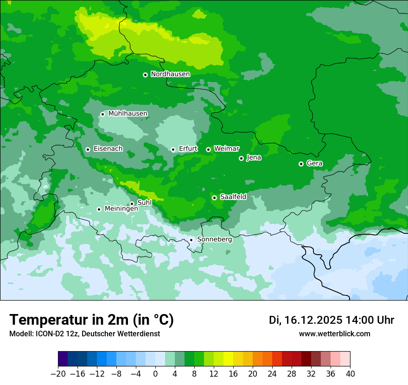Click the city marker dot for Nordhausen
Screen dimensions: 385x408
click(x=145, y=75)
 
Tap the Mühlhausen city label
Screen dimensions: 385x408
click(x=128, y=114)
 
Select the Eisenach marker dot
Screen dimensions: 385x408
click(x=88, y=149)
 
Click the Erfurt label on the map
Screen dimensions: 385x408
click(x=188, y=149)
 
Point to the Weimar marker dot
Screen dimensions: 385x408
click(x=208, y=149)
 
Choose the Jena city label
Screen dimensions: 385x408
click(x=254, y=158)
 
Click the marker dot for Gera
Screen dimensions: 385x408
click(x=301, y=164)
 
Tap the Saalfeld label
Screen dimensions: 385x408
click(x=233, y=197)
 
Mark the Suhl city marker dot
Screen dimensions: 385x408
click(x=132, y=204)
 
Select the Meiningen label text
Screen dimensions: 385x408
click(x=121, y=209)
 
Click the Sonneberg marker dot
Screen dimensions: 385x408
click(x=191, y=240)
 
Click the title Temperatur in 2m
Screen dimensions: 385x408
click(x=91, y=320)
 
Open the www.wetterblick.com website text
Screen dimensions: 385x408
click(x=334, y=334)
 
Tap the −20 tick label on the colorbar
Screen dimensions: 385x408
click(x=58, y=374)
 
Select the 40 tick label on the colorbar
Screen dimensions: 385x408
click(x=350, y=374)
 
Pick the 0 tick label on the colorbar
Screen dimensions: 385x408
click(x=155, y=374)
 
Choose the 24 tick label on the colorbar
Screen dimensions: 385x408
click(x=272, y=374)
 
